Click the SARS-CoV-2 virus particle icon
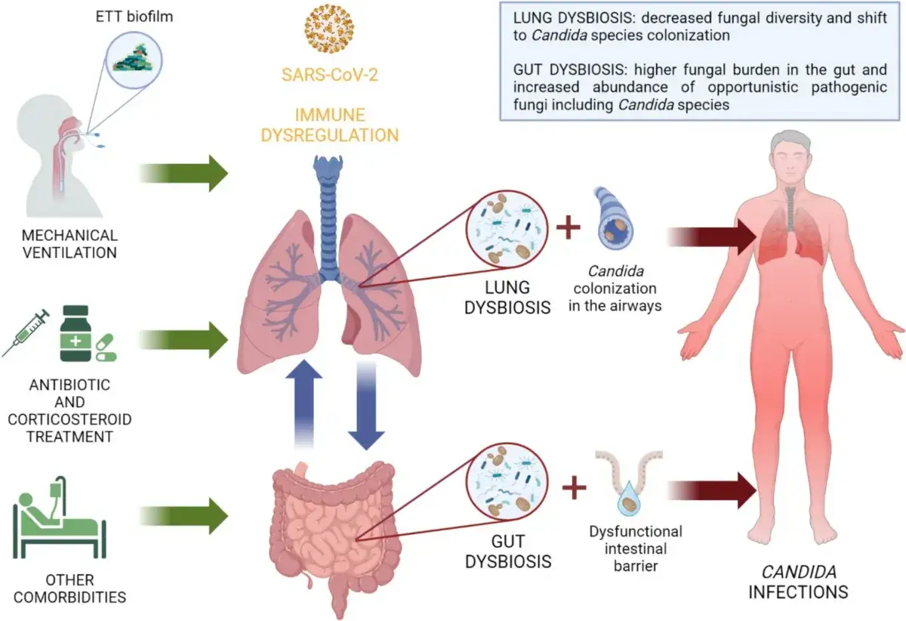pos(329,29)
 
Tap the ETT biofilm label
pos(134,17)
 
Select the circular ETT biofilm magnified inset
pos(134,60)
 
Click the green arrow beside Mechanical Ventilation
pos(184,173)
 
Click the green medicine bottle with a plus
pos(75,333)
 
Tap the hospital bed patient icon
pos(60,517)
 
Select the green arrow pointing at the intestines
pos(184,516)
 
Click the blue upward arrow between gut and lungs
pos(304,403)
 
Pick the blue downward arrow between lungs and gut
pos(366,405)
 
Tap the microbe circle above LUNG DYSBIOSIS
pos(507,229)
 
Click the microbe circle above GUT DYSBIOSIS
pos(507,482)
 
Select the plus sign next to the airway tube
pos(569,227)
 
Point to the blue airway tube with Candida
pos(614,218)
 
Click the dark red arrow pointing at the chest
pos(712,236)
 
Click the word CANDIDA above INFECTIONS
pos(799,573)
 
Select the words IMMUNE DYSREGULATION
pos(330,125)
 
